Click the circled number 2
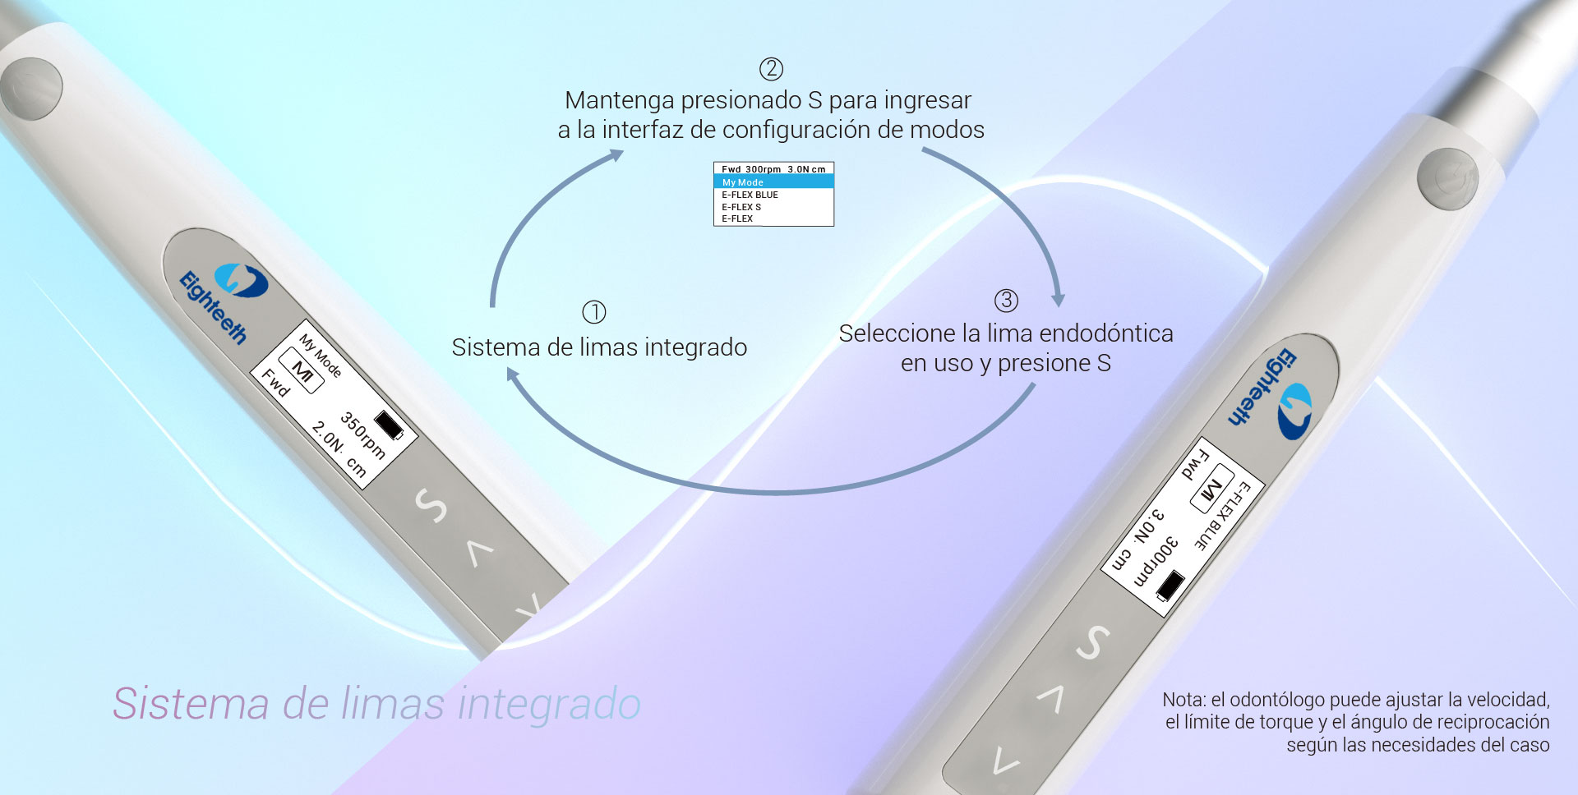click(771, 69)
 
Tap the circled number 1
click(594, 312)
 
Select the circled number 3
click(1007, 301)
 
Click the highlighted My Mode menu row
click(773, 182)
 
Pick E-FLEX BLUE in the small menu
click(750, 195)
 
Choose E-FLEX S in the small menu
click(741, 207)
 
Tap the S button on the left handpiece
click(431, 505)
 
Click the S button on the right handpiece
click(1093, 642)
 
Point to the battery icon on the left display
click(390, 425)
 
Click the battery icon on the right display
click(1170, 586)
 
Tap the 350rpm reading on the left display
click(362, 434)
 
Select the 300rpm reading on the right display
click(1156, 561)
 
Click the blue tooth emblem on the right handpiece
click(1294, 410)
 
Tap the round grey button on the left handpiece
click(31, 88)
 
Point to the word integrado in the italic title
click(549, 704)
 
